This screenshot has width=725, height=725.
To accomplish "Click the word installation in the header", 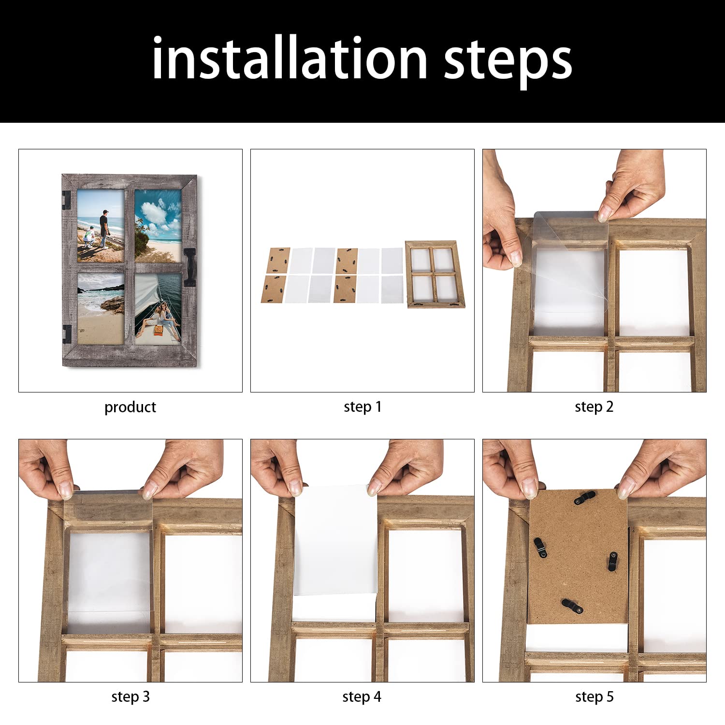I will (289, 59).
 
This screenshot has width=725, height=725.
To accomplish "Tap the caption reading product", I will (130, 407).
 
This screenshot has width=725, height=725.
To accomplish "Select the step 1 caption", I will (362, 407).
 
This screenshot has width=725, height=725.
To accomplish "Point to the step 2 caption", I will (594, 407).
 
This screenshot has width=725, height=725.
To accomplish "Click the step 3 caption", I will (130, 696).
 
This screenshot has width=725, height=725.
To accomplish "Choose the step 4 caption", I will (362, 696).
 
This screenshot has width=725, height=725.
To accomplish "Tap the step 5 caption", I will (594, 696).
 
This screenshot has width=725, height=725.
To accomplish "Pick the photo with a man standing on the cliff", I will (101, 225).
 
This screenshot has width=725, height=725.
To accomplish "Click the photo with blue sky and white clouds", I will (158, 225).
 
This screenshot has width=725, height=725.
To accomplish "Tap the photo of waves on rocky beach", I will (101, 308).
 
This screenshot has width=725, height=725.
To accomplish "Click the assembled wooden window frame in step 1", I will (435, 274).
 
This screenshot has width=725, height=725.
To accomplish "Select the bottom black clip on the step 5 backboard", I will (572, 606).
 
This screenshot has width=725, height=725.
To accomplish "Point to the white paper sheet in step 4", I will (335, 541).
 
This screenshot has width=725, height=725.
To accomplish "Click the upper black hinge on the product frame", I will (66, 200).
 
